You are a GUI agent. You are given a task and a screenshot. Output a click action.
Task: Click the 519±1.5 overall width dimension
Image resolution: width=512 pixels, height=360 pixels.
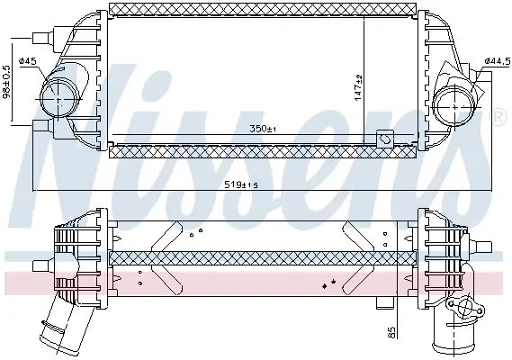coord(241,185)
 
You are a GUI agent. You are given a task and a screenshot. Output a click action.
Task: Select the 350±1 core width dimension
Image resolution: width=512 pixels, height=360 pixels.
coord(263,129)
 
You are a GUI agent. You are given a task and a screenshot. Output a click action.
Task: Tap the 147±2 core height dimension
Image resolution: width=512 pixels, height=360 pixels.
coord(358,88)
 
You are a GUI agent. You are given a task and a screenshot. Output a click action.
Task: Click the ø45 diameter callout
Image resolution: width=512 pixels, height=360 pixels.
coord(27,61)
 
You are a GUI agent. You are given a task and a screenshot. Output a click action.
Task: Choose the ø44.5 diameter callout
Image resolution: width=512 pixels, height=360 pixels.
coord(498,61)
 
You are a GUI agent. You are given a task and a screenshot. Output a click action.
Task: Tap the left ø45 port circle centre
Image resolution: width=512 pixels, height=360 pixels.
coord(58,98)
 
